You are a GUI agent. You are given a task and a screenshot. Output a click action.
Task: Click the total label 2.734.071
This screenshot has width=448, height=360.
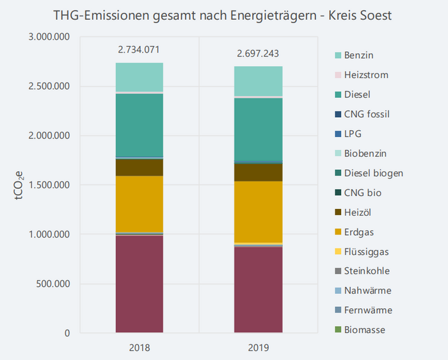tap(140, 49)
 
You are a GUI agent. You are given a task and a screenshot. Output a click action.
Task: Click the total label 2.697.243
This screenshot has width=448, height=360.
tap(257, 53)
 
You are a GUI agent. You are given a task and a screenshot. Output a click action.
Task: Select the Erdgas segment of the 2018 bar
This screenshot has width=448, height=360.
tap(140, 204)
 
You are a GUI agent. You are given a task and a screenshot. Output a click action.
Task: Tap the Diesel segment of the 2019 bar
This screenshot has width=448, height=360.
tap(258, 129)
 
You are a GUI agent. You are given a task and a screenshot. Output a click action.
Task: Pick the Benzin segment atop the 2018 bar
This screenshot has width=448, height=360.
tap(140, 78)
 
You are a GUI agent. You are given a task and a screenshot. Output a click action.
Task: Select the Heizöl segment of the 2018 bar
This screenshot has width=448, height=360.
tap(140, 167)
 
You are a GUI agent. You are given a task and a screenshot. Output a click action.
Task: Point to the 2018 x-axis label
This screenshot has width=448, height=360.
tap(140, 348)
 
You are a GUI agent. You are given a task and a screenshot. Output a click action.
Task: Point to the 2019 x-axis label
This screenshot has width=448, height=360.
tap(258, 348)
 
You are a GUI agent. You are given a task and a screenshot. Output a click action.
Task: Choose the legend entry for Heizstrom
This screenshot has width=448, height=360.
tap(365, 75)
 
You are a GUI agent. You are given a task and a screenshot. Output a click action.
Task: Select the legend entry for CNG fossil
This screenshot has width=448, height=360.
tap(367, 114)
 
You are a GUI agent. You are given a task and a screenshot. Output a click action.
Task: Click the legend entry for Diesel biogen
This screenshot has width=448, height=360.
tap(373, 173)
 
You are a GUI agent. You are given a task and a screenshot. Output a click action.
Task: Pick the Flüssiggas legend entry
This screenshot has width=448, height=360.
tap(366, 252)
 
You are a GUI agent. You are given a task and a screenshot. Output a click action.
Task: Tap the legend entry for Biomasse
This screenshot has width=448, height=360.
tap(364, 330)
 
